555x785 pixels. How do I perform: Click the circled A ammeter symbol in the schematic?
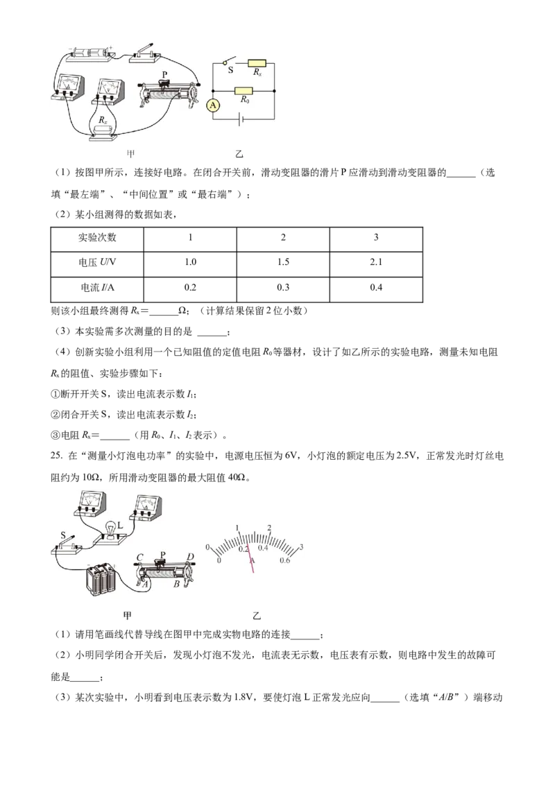pos(214,105)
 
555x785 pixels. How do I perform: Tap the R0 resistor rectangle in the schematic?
pos(244,91)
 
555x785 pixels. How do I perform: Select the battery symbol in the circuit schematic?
pos(241,120)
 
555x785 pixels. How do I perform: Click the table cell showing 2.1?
pos(376,262)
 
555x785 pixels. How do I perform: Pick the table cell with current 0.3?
pos(283,287)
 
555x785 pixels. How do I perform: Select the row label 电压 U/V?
pos(97,262)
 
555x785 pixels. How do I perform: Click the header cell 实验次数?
pos(97,237)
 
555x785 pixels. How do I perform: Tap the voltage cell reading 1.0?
pos(190,262)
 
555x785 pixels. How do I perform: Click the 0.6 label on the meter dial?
pos(284,560)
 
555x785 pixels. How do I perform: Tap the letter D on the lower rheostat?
pos(190,557)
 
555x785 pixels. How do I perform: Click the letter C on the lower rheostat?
pos(139,558)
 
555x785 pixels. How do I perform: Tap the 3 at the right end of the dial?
pos(301,547)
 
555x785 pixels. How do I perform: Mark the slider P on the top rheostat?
pos(164,82)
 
